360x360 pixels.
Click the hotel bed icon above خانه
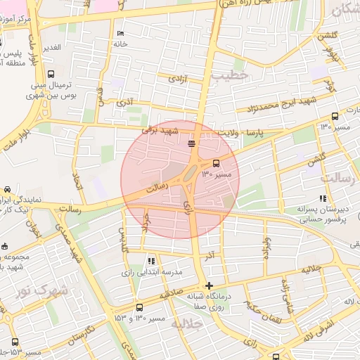coord(120,33)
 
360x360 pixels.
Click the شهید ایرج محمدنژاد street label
coord(281,105)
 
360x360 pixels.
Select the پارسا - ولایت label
coord(264,131)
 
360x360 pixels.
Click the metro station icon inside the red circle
coord(191,143)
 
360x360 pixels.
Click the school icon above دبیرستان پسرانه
coord(323,199)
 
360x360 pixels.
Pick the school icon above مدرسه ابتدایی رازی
coord(151,262)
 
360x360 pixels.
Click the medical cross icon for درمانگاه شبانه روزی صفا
coord(209,285)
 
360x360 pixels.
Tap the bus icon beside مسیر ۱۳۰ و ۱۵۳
coord(139,308)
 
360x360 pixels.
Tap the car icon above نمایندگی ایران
coord(6,189)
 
